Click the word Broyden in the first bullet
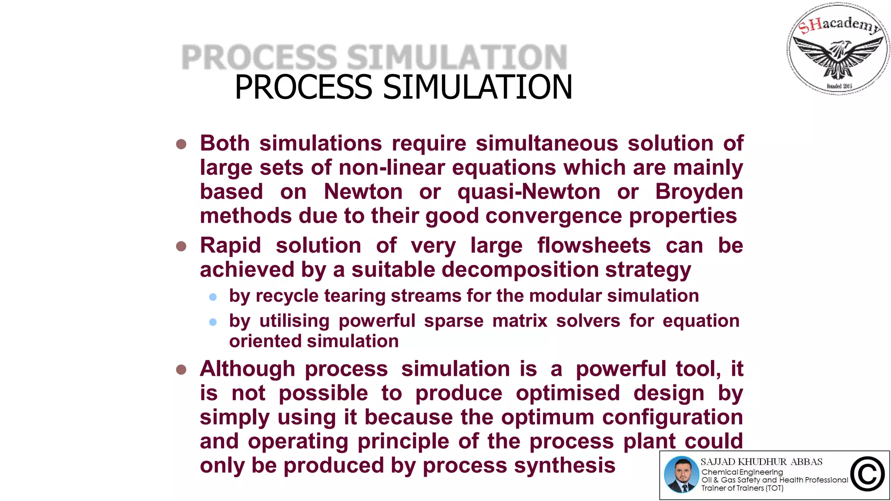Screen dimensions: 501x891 tap(699, 192)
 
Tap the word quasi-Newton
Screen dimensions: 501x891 tap(529, 192)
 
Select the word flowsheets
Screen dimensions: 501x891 tap(594, 246)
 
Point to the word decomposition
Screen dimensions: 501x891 tap(520, 270)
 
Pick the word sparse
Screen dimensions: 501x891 tap(454, 321)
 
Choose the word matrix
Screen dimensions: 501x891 tap(519, 321)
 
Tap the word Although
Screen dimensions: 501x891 tap(248, 369)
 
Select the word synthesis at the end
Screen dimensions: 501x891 tap(565, 465)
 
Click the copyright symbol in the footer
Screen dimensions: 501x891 tap(868, 474)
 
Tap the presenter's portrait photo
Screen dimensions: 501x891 tap(681, 474)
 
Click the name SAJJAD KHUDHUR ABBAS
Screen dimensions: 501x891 tap(761, 462)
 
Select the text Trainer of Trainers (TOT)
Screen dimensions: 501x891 tap(742, 488)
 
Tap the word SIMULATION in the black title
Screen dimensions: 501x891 tap(477, 87)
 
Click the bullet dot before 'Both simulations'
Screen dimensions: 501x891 tap(181, 144)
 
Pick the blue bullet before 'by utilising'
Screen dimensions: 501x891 tap(213, 322)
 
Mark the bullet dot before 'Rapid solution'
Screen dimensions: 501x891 tap(181, 247)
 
